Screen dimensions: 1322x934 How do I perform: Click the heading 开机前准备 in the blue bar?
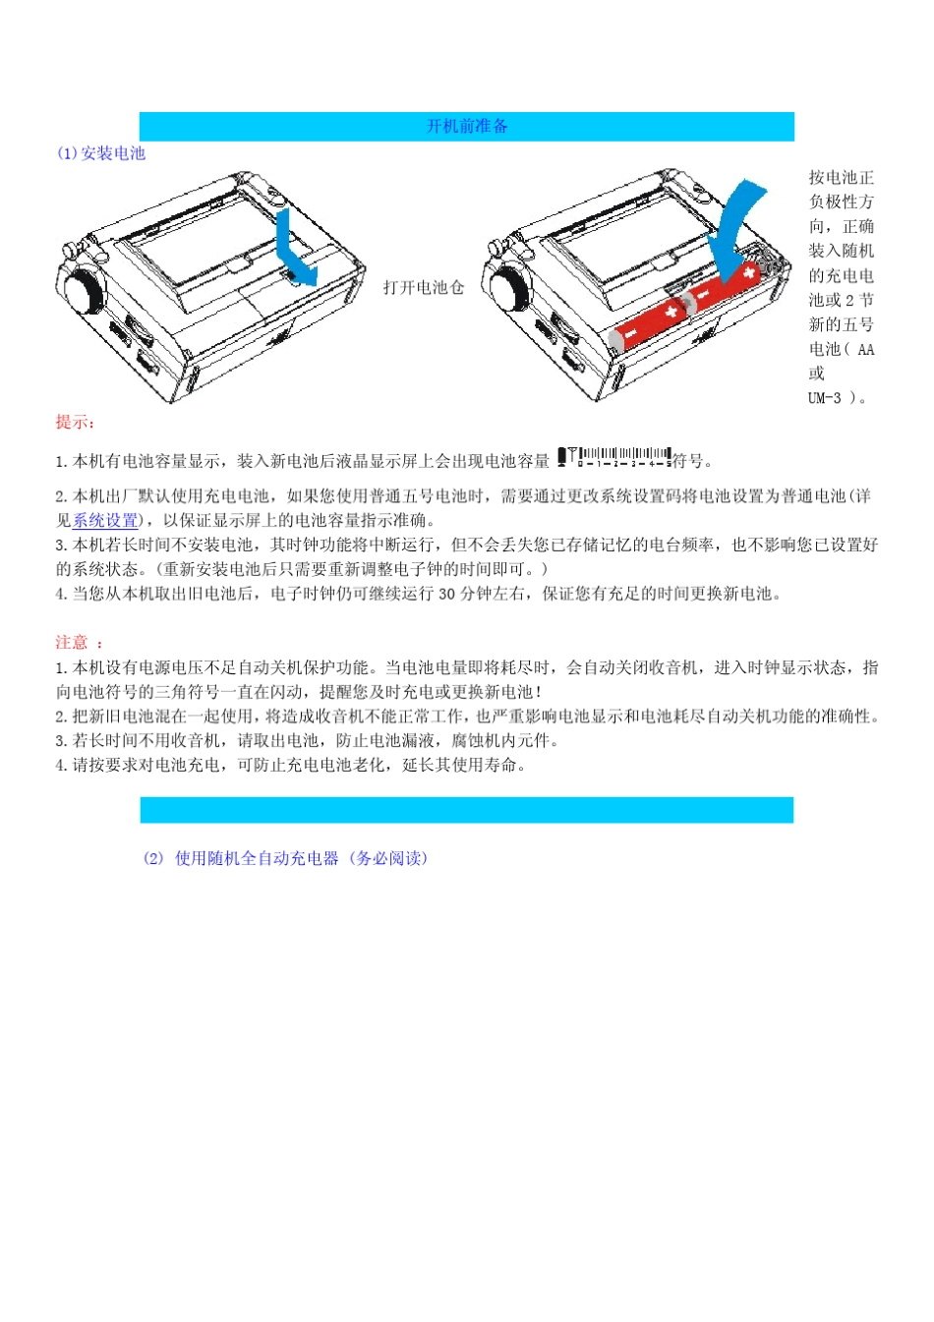click(x=467, y=126)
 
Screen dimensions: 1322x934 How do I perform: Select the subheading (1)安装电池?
click(x=101, y=153)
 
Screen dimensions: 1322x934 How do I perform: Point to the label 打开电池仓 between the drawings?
click(x=424, y=287)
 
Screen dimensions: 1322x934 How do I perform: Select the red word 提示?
click(x=74, y=423)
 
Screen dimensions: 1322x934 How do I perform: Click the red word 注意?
click(x=72, y=643)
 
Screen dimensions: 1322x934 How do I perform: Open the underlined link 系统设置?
click(x=105, y=521)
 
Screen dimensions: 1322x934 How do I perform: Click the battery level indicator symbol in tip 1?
click(x=614, y=457)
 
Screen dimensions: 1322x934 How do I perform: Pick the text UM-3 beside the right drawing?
click(x=825, y=398)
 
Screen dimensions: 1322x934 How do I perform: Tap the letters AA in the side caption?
click(x=865, y=350)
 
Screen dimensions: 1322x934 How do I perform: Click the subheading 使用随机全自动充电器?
click(x=257, y=858)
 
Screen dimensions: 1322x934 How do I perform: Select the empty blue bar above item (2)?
click(x=467, y=810)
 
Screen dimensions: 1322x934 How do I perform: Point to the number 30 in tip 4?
click(x=446, y=594)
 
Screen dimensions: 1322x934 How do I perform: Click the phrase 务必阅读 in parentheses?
click(x=388, y=858)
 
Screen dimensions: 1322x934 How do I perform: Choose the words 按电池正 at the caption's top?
click(x=842, y=178)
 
